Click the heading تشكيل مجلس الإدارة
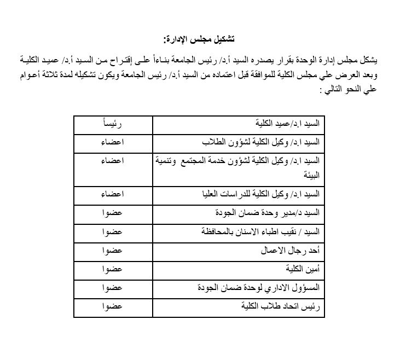coord(199,39)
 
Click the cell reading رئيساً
coord(112,124)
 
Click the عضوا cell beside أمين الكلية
coord(112,269)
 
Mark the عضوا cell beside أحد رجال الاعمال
coord(112,251)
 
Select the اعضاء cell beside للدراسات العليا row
coord(112,194)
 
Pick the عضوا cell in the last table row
coord(112,306)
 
